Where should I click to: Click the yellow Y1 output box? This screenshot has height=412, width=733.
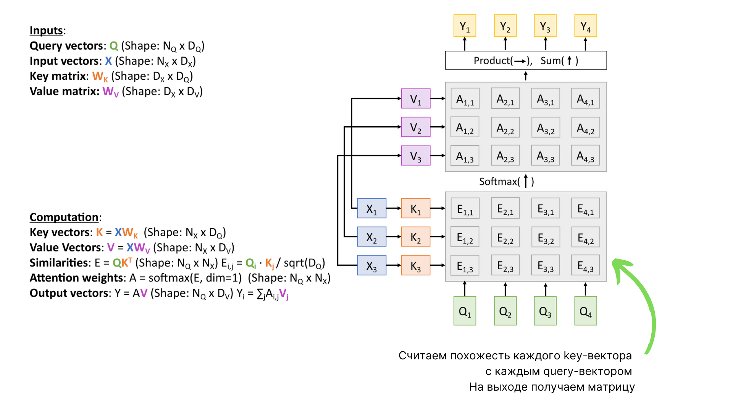[465, 26]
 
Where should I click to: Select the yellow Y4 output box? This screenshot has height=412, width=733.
[585, 26]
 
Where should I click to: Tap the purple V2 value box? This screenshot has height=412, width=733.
[416, 127]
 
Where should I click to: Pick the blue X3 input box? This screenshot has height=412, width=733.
[371, 266]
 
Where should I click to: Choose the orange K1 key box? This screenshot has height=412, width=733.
[415, 208]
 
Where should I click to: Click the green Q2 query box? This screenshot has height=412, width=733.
[505, 311]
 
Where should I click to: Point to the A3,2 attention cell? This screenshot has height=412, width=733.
[546, 127]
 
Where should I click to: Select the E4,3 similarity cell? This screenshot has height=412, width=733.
[585, 266]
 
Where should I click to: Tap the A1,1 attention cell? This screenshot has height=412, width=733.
[465, 99]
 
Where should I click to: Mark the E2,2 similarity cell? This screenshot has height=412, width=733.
[505, 237]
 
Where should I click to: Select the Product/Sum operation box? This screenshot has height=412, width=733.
[526, 61]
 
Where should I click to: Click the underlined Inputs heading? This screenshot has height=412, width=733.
[46, 31]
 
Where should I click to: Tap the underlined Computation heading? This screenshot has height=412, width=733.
[64, 217]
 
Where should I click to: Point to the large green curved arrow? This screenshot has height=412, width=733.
[645, 301]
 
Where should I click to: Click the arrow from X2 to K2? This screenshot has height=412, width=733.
[394, 237]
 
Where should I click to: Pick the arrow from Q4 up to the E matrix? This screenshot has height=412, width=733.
[585, 289]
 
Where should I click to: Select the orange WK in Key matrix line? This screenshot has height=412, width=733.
[100, 76]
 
